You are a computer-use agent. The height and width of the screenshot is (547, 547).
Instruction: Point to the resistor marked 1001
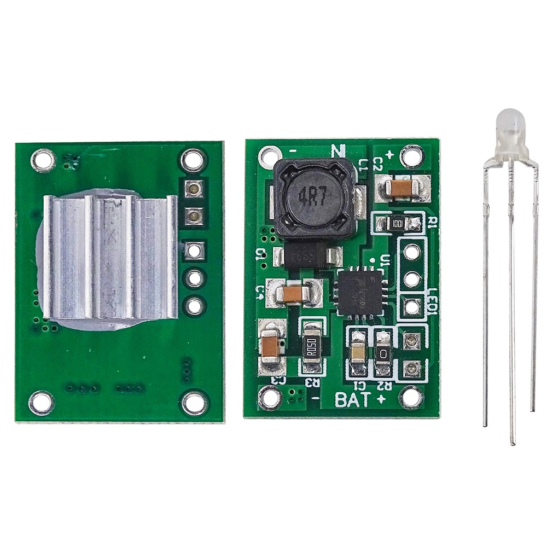398,223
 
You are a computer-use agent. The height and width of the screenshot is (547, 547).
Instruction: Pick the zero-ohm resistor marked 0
383,354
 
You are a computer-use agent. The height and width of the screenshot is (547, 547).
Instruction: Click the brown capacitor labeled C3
271,346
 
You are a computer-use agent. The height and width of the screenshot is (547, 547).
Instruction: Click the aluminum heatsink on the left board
109,257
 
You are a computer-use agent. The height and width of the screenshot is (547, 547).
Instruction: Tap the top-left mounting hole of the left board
42,159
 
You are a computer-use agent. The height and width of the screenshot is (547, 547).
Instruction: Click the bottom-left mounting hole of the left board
42,403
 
